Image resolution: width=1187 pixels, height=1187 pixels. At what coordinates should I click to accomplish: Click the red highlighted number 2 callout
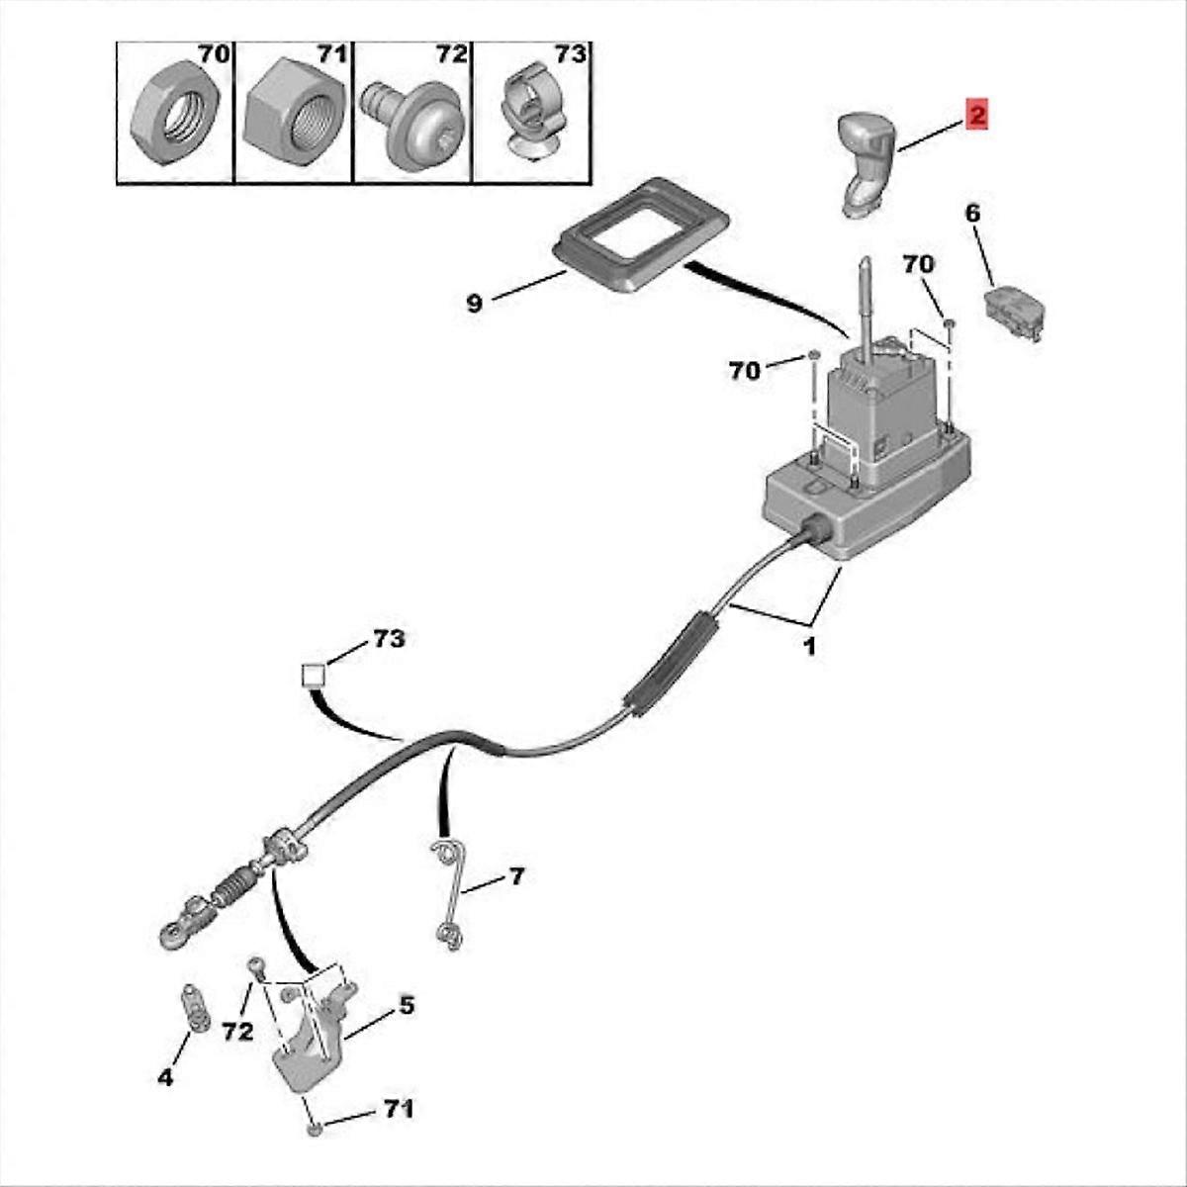click(x=976, y=115)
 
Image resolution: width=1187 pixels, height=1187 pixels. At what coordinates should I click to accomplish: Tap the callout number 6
click(x=972, y=214)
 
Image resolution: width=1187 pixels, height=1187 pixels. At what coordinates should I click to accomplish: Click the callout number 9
click(x=475, y=303)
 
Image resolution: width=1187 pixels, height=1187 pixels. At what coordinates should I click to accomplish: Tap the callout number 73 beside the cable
click(x=389, y=638)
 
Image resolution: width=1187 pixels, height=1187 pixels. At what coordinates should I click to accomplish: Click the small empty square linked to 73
click(x=313, y=677)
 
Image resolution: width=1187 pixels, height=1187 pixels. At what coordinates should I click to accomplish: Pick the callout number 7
click(x=516, y=876)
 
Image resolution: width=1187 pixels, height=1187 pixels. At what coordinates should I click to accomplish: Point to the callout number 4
click(x=165, y=1078)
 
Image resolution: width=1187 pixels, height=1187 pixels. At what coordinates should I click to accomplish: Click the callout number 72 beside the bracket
click(x=237, y=1031)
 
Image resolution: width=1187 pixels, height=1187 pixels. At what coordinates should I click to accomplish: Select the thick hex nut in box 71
click(x=294, y=114)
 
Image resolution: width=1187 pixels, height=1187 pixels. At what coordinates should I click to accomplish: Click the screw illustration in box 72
click(x=411, y=126)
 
